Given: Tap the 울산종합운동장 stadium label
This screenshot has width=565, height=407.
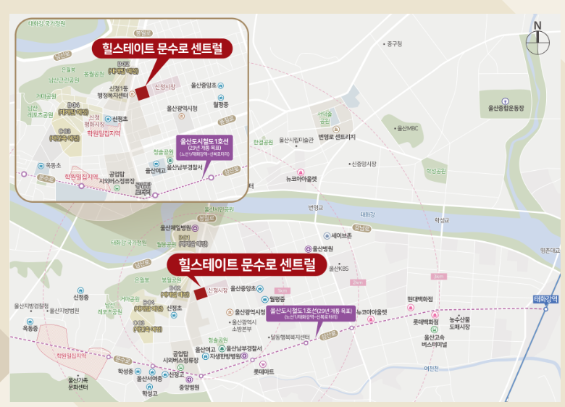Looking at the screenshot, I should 509,109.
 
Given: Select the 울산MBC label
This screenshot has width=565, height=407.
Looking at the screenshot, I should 408,128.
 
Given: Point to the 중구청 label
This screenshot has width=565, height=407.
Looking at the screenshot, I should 393,44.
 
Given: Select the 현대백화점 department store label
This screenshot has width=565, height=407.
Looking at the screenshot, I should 419,298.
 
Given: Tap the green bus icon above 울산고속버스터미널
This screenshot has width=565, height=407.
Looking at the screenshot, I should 435,330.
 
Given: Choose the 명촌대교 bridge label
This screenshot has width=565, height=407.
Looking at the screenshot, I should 550,251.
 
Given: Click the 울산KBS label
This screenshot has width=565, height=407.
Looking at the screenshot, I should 339,268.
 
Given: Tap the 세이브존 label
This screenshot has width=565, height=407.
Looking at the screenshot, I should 340,236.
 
